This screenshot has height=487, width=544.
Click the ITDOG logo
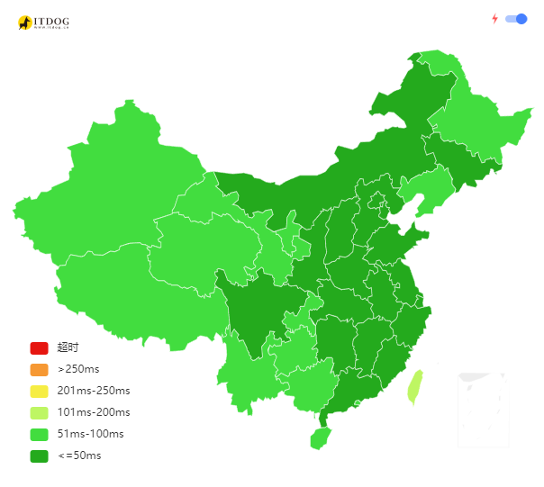click(x=43, y=23)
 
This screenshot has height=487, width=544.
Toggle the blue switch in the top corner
click(x=516, y=19)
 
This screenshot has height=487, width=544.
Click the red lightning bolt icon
click(x=494, y=19)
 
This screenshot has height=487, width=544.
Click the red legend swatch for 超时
click(x=39, y=347)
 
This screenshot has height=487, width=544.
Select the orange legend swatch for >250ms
click(x=39, y=369)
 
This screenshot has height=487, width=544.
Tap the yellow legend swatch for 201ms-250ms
click(x=39, y=391)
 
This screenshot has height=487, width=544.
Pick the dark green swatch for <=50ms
click(x=39, y=456)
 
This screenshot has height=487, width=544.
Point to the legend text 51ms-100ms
click(x=90, y=434)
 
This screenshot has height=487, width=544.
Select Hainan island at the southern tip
click(x=320, y=438)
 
